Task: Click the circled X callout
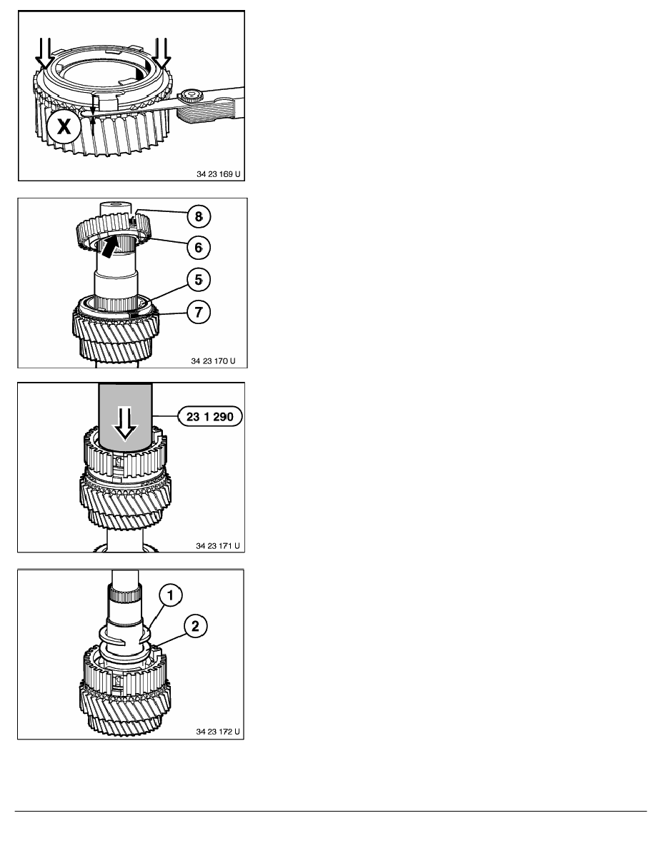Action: (64, 127)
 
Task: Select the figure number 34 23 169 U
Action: (218, 174)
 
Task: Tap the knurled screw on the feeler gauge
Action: (189, 97)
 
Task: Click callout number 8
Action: (199, 216)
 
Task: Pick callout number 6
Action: (199, 248)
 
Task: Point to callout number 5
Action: (199, 280)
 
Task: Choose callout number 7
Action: (199, 312)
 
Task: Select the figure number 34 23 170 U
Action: (213, 360)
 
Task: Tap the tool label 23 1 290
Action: (210, 416)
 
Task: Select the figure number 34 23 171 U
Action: (217, 545)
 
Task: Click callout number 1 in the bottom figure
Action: (171, 595)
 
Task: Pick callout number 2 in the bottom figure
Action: (195, 626)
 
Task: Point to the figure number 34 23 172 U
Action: (217, 731)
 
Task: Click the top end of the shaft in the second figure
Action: (116, 205)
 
